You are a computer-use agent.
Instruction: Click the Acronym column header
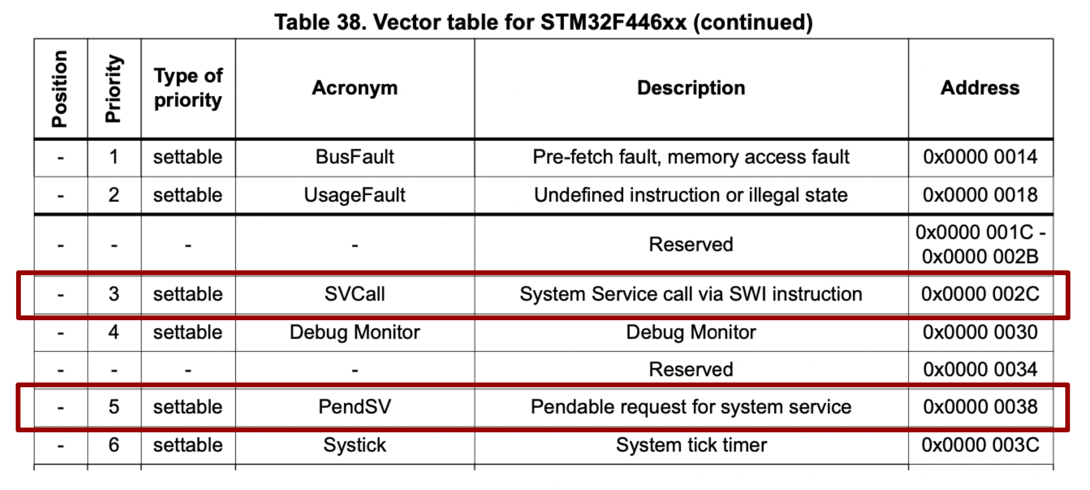click(354, 88)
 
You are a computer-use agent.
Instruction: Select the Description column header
click(691, 88)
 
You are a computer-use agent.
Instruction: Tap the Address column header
click(980, 88)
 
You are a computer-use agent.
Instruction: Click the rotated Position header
click(60, 88)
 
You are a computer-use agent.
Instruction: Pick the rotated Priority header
click(114, 88)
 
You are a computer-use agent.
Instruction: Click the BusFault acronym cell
click(354, 157)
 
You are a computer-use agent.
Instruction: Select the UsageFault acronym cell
click(354, 195)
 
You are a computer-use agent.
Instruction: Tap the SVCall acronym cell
click(354, 294)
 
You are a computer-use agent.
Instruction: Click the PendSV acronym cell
click(354, 407)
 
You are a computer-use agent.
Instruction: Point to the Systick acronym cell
click(354, 445)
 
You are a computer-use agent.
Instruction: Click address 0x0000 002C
click(980, 294)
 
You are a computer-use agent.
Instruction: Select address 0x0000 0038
click(980, 407)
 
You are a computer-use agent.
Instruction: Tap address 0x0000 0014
click(980, 157)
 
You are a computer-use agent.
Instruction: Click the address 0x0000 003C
click(980, 445)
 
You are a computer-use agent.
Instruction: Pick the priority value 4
click(114, 332)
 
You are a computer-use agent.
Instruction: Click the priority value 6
click(114, 445)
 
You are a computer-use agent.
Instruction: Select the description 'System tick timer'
click(691, 445)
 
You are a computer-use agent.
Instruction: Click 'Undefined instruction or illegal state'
click(691, 195)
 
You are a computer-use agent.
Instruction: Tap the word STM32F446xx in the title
click(613, 23)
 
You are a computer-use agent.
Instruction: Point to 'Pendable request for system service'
click(691, 407)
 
